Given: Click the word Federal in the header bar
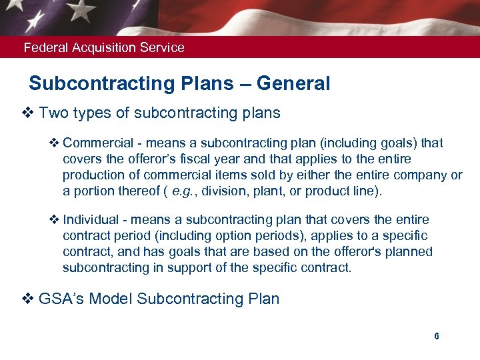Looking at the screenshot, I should pyautogui.click(x=42, y=47).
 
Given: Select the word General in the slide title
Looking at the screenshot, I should pyautogui.click(x=293, y=84).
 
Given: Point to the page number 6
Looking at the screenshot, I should pyautogui.click(x=437, y=336).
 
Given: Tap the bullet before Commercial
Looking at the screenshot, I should pyautogui.click(x=55, y=143).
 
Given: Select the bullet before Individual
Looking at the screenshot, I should pyautogui.click(x=55, y=220).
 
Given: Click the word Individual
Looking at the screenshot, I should pyautogui.click(x=89, y=220).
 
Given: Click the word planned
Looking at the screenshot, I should pyautogui.click(x=408, y=252).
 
